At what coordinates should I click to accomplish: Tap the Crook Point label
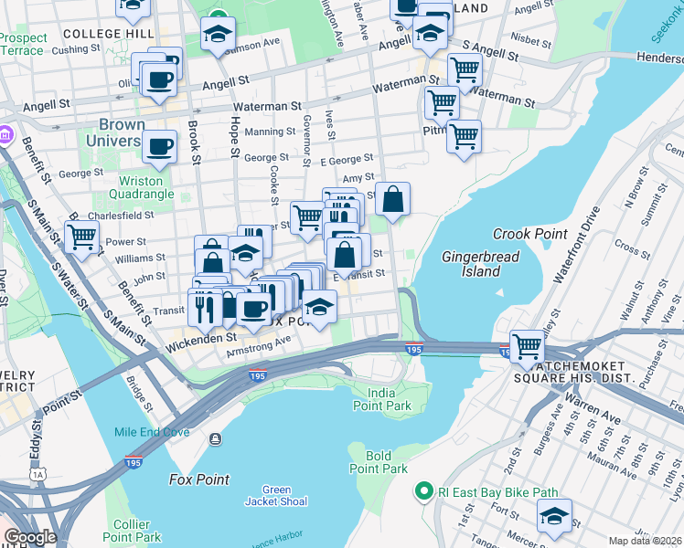529,234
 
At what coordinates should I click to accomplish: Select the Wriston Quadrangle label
140,187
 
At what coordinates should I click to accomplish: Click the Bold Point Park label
378,462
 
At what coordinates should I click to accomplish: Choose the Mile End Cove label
151,432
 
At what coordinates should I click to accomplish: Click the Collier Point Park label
138,531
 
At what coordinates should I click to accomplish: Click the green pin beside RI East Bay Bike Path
422,491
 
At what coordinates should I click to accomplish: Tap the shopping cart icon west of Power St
82,237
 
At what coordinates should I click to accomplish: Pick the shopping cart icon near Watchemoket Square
527,346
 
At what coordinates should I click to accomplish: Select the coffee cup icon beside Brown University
160,145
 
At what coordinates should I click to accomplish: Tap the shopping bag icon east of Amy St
392,199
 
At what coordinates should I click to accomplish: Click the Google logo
30,537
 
